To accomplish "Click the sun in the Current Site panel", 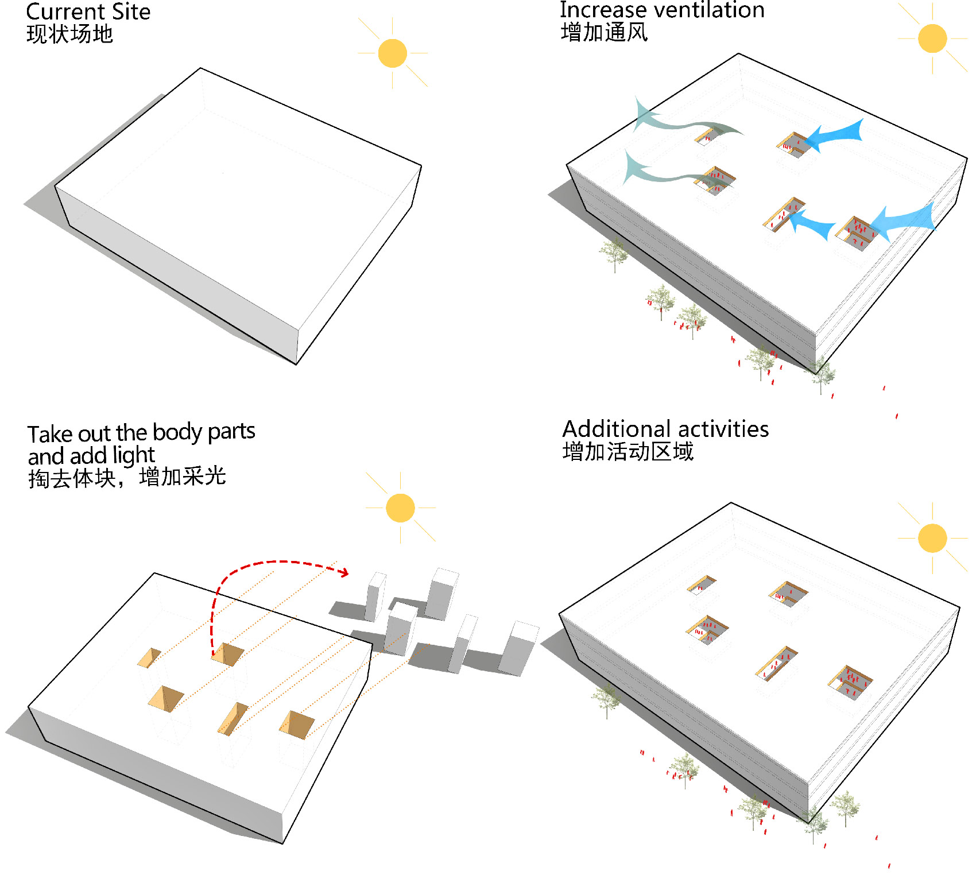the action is tap(393, 53).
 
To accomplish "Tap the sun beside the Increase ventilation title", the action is tap(932, 38).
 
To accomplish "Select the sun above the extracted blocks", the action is tap(400, 508).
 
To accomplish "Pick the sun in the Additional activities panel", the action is tap(932, 538).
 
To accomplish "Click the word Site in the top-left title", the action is tap(131, 11).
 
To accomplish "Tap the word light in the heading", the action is tap(134, 456).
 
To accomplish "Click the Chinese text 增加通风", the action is tap(604, 32).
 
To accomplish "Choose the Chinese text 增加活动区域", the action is tap(628, 452).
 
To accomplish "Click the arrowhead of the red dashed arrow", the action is tap(343, 571).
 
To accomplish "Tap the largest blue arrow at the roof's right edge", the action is tap(904, 221).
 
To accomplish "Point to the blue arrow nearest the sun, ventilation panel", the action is tap(835, 135).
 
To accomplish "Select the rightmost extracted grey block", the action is tap(518, 648).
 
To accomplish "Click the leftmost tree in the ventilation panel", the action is tap(614, 253).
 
